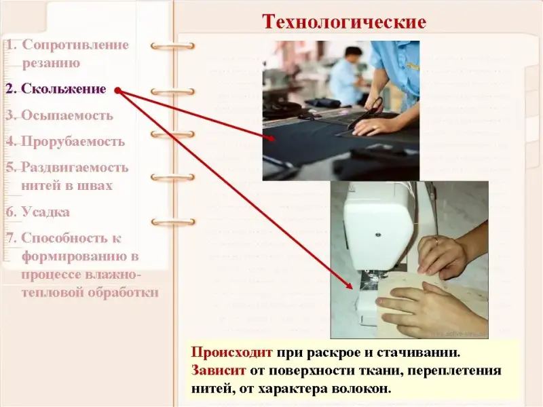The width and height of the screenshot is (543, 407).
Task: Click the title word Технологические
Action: (x=344, y=22)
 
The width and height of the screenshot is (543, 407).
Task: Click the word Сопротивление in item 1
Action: (x=75, y=45)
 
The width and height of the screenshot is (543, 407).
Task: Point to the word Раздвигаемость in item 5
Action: (x=75, y=168)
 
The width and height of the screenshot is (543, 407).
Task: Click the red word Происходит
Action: (x=231, y=352)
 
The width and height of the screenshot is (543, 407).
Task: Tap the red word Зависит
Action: (x=218, y=370)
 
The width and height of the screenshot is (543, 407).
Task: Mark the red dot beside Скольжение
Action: (x=117, y=91)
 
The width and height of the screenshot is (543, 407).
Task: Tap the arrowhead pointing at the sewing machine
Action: (x=350, y=285)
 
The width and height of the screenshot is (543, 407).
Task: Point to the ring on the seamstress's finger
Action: (x=435, y=241)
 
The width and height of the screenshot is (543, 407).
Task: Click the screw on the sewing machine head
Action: (x=378, y=235)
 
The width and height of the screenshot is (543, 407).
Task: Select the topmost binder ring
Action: (x=172, y=46)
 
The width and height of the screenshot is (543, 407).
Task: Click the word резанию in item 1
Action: (x=51, y=63)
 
